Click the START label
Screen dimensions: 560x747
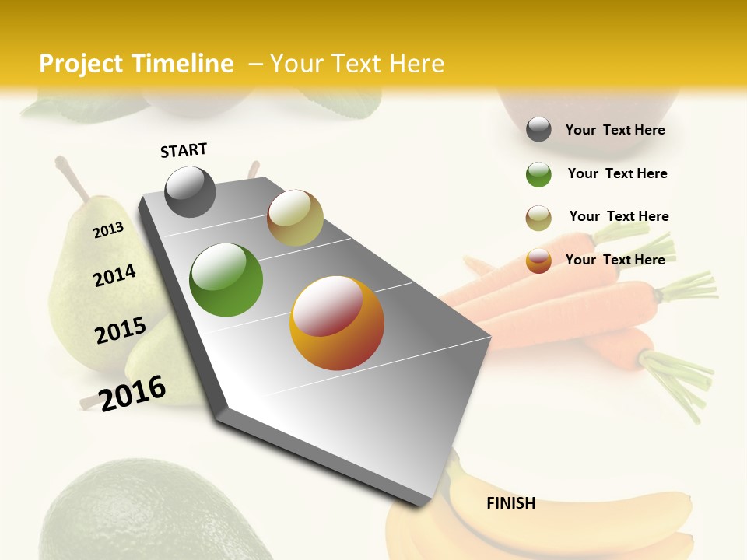pos(184,150)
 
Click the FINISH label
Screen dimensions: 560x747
pos(510,503)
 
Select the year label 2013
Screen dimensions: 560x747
pos(109,229)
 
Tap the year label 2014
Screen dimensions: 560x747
pos(114,275)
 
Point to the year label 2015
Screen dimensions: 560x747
pos(121,331)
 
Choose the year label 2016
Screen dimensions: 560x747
pos(133,393)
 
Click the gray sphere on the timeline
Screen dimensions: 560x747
pos(191,191)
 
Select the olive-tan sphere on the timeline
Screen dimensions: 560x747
pos(295,218)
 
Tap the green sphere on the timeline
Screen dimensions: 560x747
pos(226,280)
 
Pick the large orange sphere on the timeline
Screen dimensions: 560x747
pos(337,323)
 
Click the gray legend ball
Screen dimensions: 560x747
pos(538,130)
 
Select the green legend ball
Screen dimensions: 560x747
pos(538,174)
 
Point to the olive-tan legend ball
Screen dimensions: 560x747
pos(538,218)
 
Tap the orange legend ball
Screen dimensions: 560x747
pos(538,261)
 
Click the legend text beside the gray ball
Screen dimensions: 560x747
pos(615,130)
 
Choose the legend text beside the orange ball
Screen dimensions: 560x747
pos(615,260)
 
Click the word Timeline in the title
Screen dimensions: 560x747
pos(183,64)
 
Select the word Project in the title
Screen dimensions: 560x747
pos(81,64)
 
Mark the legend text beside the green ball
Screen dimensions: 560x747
pos(617,173)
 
